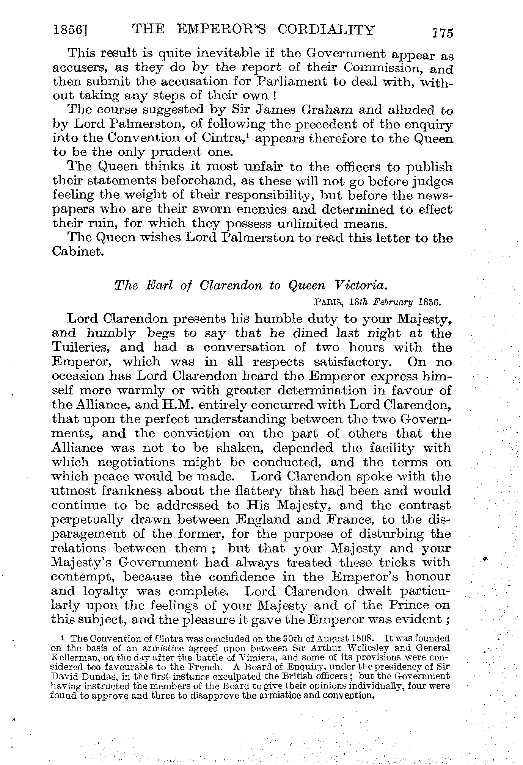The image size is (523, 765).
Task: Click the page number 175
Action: (443, 33)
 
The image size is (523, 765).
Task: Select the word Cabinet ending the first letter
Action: (78, 252)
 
